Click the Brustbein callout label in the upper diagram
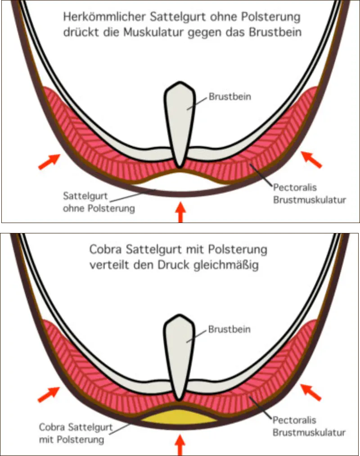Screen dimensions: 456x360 229,96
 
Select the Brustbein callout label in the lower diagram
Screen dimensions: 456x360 229,329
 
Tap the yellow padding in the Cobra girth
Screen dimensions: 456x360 180,418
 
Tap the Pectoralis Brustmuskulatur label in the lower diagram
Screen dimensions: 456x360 309,426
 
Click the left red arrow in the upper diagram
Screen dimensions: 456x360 49,161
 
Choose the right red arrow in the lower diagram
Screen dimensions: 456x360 311,393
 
